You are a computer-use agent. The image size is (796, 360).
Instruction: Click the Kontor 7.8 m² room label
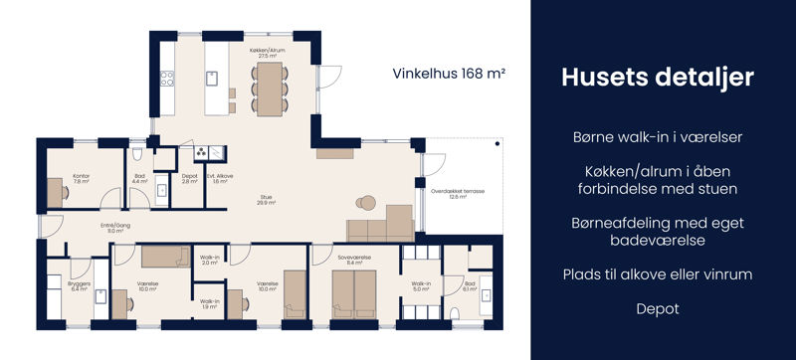coord(81,179)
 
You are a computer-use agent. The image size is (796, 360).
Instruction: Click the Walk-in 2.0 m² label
coord(209,261)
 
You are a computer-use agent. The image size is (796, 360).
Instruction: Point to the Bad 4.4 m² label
coord(139,179)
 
